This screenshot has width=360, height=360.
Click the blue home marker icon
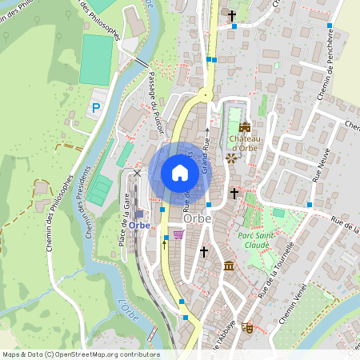coord(180,173)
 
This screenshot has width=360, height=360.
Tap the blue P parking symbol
coord(96,107)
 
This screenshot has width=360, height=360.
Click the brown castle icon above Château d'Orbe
coord(245,126)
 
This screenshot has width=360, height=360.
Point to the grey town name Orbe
coord(197,218)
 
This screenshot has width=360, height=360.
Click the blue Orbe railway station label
coord(139,225)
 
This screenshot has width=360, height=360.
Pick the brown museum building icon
coord(229,265)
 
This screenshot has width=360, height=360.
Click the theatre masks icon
coord(247,327)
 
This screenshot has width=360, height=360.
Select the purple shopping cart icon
coord(178,234)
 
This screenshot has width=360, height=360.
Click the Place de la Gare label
coord(126,211)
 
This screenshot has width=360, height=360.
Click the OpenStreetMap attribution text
coord(81,354)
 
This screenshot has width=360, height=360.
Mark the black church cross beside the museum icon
coord(203,252)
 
